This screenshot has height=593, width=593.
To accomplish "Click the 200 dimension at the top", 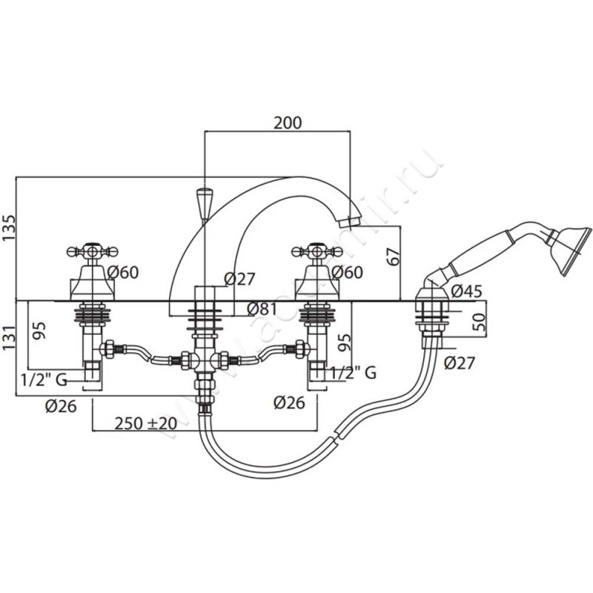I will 287,122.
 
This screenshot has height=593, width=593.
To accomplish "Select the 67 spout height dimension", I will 393,256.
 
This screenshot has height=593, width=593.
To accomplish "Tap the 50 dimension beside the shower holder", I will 481,322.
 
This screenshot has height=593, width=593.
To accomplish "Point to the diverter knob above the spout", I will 204,200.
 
